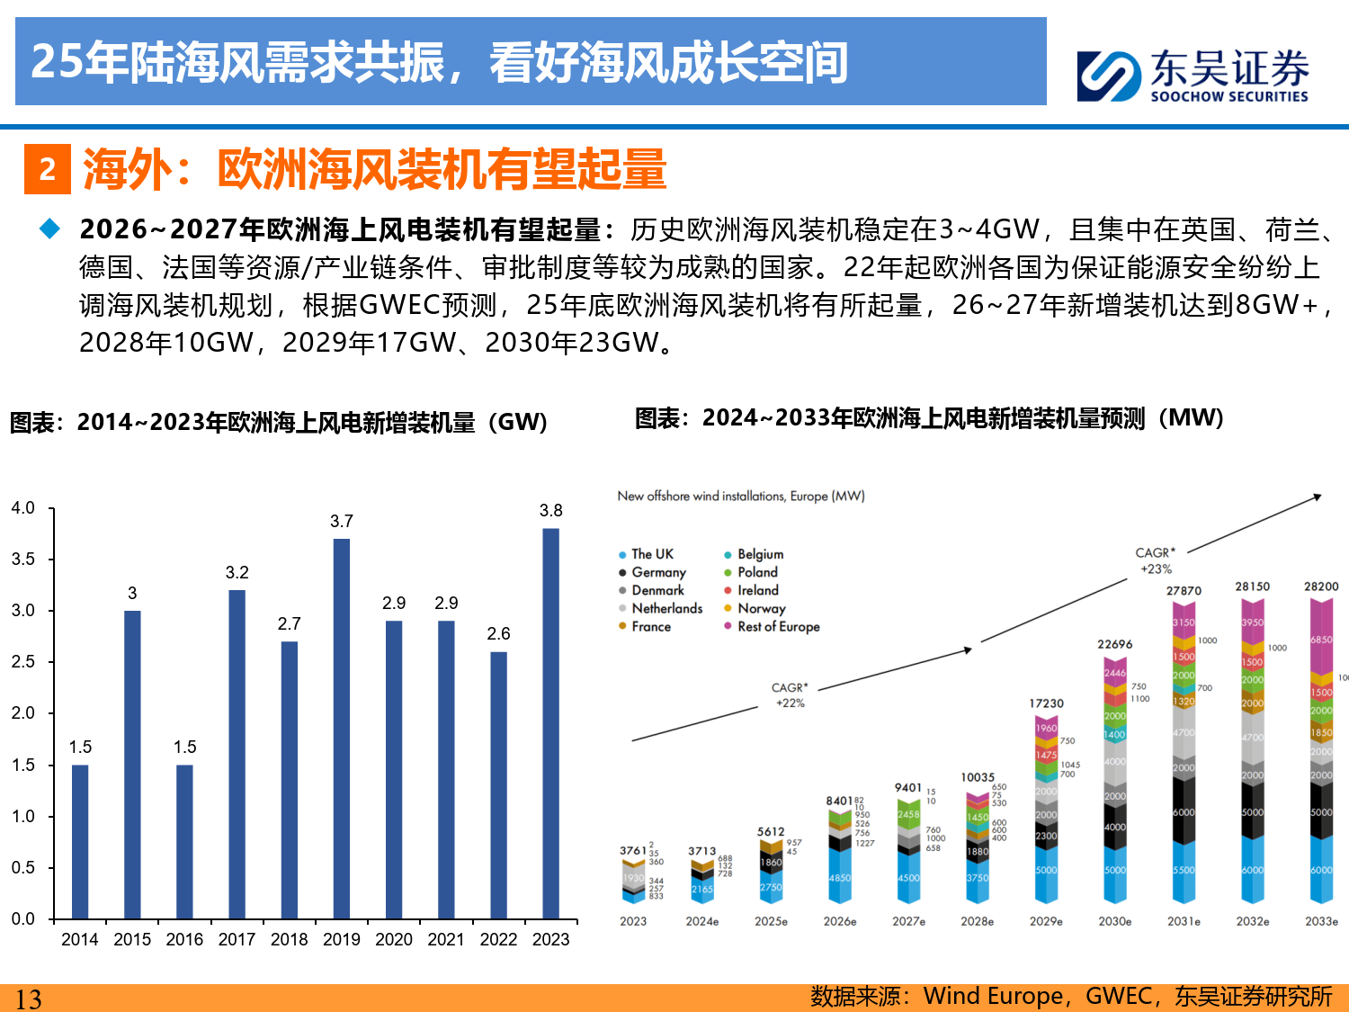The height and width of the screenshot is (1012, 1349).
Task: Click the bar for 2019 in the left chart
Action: tap(341, 729)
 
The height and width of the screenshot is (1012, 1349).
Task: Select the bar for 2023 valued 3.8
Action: tap(550, 723)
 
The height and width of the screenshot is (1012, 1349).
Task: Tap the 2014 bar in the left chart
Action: tap(80, 841)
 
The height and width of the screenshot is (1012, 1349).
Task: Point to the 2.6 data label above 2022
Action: tap(498, 634)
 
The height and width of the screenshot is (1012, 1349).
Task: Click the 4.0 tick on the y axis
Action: tap(23, 508)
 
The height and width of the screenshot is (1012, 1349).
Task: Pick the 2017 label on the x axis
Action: tap(237, 940)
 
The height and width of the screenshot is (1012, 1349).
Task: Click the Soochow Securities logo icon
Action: tap(1108, 76)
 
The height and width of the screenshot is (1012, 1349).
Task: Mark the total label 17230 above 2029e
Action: tap(1046, 703)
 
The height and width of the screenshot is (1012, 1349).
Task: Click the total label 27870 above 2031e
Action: tap(1184, 591)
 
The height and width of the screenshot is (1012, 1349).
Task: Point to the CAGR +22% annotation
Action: tap(790, 695)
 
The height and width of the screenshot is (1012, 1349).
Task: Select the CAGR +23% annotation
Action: tap(1156, 560)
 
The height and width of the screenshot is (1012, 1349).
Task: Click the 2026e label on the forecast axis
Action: tap(840, 922)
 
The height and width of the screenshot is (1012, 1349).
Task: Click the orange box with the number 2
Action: tap(48, 169)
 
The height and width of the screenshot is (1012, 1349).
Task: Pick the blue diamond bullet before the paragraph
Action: tap(50, 229)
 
